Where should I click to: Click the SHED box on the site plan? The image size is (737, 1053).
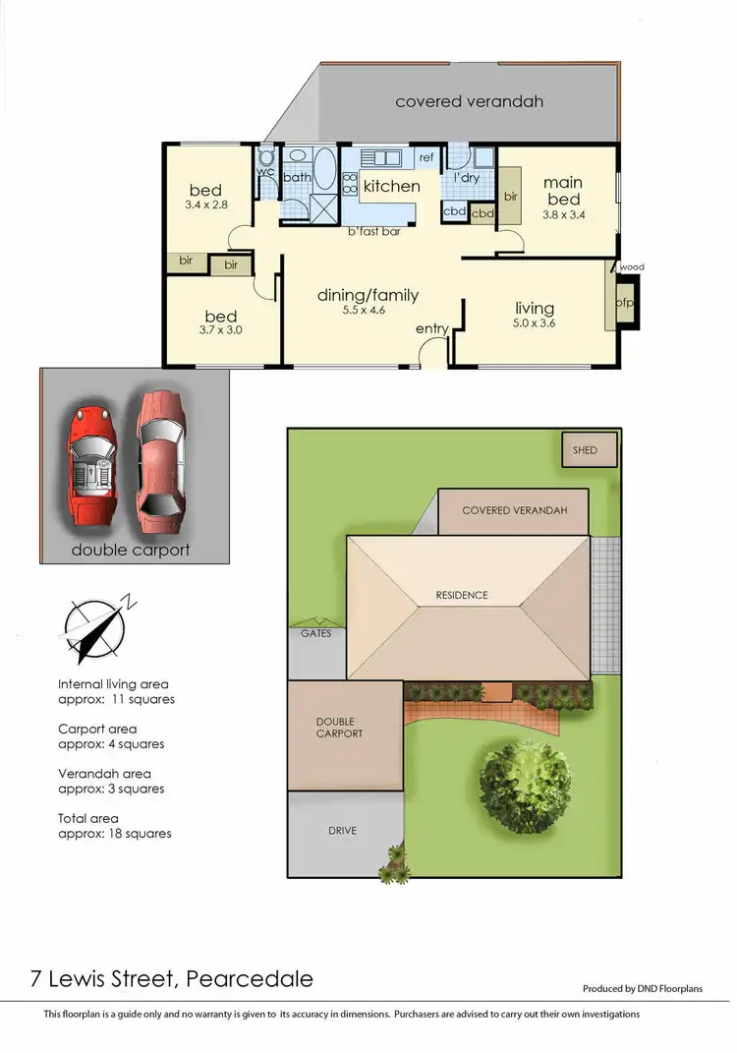[591, 450]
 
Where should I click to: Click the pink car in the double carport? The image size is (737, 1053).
[161, 453]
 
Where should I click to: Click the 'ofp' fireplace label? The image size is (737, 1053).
[623, 303]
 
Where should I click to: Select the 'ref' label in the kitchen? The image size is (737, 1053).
[426, 157]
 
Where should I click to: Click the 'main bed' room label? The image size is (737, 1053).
[563, 191]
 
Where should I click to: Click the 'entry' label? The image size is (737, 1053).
[431, 328]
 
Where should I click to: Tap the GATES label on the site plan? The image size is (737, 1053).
[315, 634]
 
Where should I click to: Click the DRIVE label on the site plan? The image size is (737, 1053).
[343, 831]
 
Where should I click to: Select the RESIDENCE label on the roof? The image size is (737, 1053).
[461, 595]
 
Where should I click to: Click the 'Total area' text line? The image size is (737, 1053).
[88, 818]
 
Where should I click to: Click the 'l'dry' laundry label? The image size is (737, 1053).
[466, 178]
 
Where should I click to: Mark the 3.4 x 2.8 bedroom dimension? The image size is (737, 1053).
[205, 205]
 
